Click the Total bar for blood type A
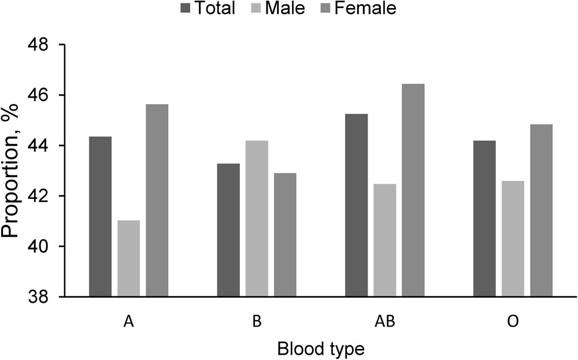click(100, 217)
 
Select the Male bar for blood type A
click(128, 258)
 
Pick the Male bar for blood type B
click(257, 218)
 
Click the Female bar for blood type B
click(285, 235)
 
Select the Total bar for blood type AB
click(356, 205)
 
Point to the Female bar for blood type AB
click(413, 190)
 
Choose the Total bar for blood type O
click(484, 218)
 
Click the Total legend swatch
click(187, 9)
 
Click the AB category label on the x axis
click(384, 322)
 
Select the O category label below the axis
click(513, 322)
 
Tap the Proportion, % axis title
click(13, 172)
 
